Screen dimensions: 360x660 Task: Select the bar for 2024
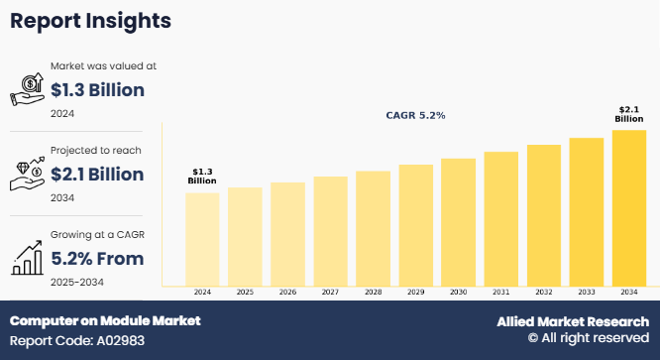202,238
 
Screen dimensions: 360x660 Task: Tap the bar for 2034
628,207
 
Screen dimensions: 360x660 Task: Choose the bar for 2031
500,218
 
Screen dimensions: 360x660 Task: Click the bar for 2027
330,231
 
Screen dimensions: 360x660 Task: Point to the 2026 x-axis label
287,293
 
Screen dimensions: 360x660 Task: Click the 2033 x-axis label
586,293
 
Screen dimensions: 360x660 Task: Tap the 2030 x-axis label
458,293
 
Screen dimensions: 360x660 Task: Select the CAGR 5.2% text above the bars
415,115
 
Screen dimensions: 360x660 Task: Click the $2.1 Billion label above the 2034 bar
628,113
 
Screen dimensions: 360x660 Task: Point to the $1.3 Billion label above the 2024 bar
202,176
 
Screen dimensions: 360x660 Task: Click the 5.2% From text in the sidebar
97,259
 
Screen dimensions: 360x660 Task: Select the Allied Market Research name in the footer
572,321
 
